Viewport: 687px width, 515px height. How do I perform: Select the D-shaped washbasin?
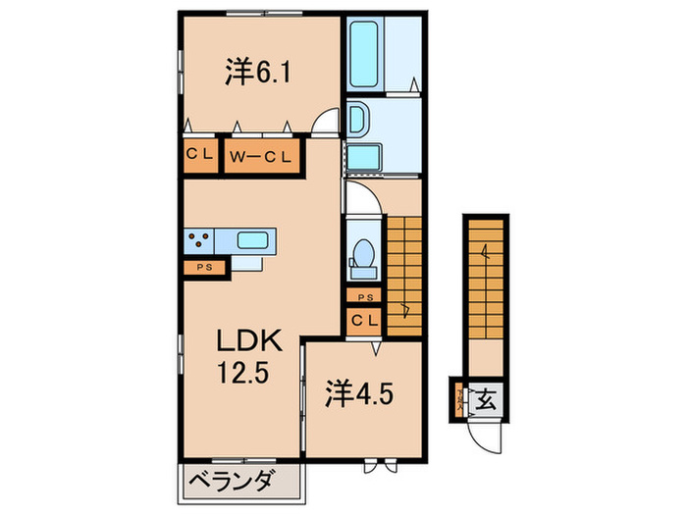pos(357,121)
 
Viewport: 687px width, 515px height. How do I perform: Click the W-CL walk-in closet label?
pos(258,156)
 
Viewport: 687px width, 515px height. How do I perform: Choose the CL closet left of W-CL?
pos(202,156)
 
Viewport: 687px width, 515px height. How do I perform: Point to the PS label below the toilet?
pos(364,297)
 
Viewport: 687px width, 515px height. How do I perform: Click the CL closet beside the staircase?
pos(364,320)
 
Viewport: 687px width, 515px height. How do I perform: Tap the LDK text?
pos(249,343)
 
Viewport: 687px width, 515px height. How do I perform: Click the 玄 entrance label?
pos(485,399)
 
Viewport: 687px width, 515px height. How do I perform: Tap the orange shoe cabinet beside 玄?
pos(460,400)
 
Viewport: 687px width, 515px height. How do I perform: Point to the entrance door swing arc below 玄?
pos(483,432)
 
